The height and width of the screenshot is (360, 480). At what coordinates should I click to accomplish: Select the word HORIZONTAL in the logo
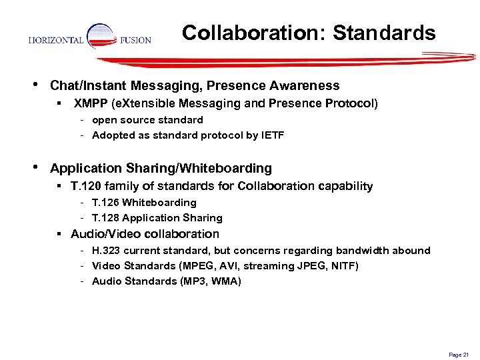[57, 40]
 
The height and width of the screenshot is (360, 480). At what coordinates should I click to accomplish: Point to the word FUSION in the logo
[136, 40]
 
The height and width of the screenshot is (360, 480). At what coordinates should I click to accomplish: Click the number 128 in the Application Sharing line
[111, 217]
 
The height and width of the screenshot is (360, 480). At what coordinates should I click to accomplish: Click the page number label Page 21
[459, 355]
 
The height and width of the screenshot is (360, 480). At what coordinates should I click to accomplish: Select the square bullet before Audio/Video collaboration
[60, 235]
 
